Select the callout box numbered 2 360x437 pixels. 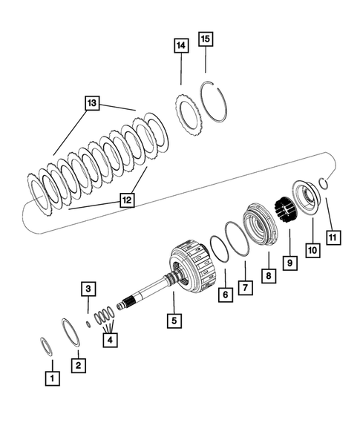[76, 365]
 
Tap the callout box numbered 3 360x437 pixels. [88, 288]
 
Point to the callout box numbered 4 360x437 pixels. [110, 341]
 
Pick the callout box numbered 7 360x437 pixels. [245, 285]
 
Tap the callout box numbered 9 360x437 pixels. [289, 262]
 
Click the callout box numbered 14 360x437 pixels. [180, 46]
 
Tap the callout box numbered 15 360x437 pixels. [206, 38]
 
